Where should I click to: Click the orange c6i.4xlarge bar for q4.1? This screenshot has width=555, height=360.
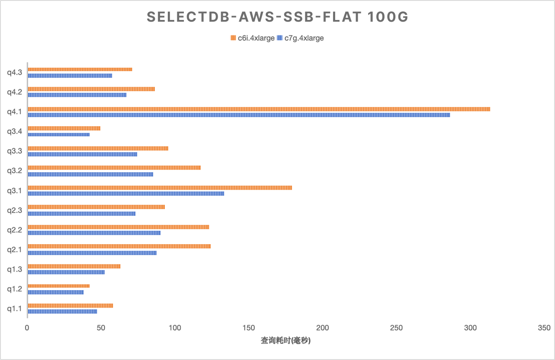pos(259,109)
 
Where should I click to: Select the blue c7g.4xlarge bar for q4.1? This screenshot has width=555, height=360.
pos(239,115)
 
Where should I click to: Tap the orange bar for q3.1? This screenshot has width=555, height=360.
pos(160,188)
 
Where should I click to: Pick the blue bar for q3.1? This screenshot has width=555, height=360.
pos(126,193)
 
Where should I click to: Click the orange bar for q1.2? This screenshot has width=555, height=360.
pos(59,286)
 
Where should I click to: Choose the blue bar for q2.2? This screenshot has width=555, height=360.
pos(94,233)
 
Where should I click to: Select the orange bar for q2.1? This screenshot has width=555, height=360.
pos(119,246)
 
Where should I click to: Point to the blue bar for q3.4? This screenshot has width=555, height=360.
pos(59,134)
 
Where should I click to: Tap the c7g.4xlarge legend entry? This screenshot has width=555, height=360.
pos(301,38)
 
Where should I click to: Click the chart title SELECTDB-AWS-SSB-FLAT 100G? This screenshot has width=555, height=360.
pos(277,17)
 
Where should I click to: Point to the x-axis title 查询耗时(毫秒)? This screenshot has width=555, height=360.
pos(286,341)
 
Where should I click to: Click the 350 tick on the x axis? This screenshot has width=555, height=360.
pos(544,328)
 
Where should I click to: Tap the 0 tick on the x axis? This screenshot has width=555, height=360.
pos(27,328)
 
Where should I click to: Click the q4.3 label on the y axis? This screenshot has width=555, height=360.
pos(14,72)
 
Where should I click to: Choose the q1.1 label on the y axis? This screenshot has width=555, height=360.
pos(14,309)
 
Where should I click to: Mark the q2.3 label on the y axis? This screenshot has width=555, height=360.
pos(14,210)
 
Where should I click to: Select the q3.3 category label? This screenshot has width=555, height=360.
pos(14,151)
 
